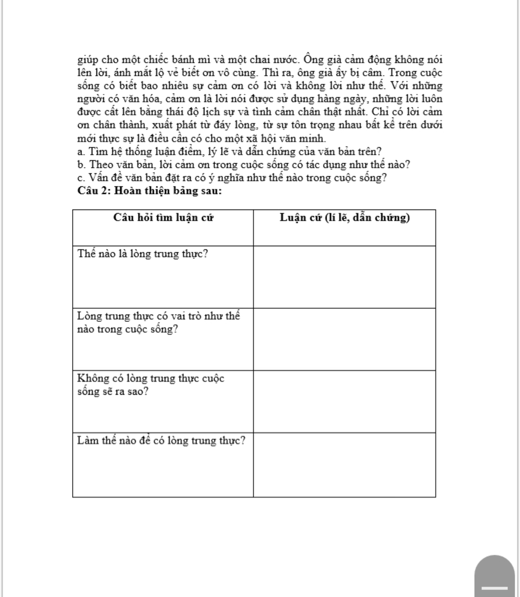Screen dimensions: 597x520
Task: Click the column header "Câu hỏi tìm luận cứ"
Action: (163, 218)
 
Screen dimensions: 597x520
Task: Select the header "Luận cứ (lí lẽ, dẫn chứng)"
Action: (345, 218)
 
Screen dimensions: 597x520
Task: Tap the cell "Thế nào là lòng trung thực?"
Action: (143, 254)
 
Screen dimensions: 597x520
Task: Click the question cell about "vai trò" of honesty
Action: (158, 322)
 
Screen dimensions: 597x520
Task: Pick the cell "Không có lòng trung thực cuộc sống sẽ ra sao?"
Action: (151, 385)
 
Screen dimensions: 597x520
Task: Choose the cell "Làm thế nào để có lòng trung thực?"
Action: (161, 440)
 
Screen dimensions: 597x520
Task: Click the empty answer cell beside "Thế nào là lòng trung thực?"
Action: (344, 277)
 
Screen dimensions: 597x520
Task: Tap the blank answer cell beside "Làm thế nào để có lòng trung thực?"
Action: (344, 464)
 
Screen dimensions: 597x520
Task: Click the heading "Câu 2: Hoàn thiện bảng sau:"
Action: (150, 191)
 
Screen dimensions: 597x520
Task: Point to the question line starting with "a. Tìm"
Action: (230, 152)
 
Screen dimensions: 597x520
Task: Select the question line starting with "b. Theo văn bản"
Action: (244, 165)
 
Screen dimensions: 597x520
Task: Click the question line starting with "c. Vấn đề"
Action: (232, 178)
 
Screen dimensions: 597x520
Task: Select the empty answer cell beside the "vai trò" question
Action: (344, 339)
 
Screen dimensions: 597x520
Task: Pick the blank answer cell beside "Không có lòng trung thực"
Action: (344, 402)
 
